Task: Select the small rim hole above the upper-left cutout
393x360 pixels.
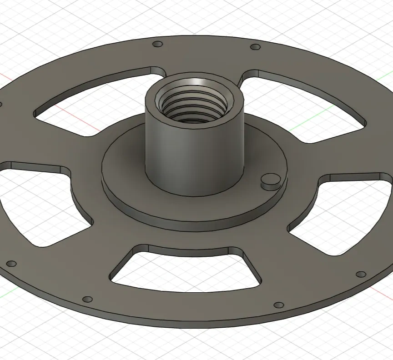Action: [158, 44]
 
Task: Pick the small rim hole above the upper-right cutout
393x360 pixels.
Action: [256, 47]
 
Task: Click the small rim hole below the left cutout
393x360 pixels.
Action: [12, 264]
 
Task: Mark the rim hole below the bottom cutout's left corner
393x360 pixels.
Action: [88, 299]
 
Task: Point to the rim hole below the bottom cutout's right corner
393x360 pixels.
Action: [279, 305]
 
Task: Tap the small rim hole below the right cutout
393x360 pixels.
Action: [361, 274]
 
